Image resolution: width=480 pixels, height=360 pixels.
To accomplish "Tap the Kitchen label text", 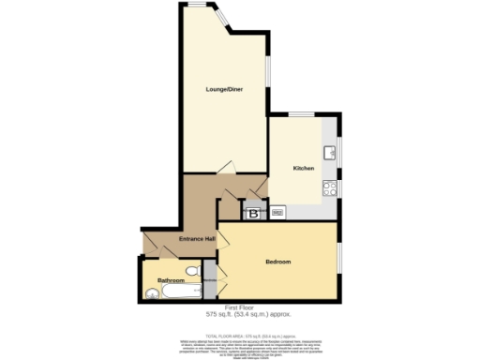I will pyautogui.click(x=303, y=168).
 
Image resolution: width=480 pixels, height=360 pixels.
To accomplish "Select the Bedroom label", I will pyautogui.click(x=277, y=261).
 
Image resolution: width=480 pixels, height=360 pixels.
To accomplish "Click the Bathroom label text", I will pyautogui.click(x=171, y=280).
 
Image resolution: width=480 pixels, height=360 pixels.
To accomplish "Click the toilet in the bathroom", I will pyautogui.click(x=193, y=271).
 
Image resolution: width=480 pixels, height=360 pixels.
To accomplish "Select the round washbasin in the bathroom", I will pyautogui.click(x=153, y=292).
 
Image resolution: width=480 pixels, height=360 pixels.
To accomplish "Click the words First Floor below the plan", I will pyautogui.click(x=240, y=308).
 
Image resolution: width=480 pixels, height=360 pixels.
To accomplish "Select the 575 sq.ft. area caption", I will pyautogui.click(x=240, y=316).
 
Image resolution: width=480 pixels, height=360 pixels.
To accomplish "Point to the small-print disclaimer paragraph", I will pyautogui.click(x=240, y=345).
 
